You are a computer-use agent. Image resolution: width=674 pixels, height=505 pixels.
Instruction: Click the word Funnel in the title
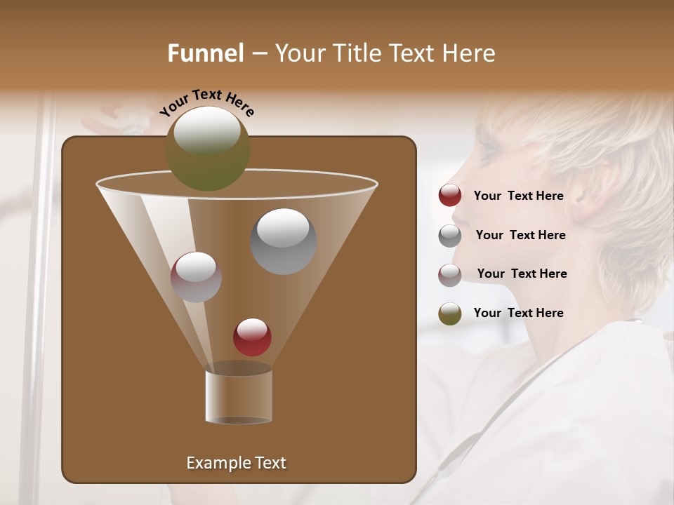tap(206, 53)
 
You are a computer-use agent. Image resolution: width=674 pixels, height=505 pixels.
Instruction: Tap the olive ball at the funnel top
tap(208, 149)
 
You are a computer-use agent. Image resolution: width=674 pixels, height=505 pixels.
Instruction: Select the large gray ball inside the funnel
tap(283, 241)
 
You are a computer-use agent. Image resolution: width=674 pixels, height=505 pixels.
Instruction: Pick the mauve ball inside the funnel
tap(196, 277)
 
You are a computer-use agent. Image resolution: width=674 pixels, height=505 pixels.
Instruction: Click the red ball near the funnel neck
tap(252, 337)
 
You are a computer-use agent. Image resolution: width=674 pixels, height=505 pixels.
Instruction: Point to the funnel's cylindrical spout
tap(239, 396)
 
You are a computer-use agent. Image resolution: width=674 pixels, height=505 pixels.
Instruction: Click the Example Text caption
tap(236, 463)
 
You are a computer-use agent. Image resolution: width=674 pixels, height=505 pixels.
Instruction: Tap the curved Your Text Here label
tap(207, 102)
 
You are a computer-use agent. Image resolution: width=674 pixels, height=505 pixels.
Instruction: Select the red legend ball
tap(450, 196)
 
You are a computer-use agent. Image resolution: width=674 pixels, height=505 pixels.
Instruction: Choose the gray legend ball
tap(450, 236)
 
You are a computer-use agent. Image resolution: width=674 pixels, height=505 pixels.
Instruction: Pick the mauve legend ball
tap(450, 275)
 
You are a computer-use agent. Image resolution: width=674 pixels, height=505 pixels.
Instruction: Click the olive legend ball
tap(450, 314)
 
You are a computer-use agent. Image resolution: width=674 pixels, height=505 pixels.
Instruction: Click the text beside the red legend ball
tap(518, 196)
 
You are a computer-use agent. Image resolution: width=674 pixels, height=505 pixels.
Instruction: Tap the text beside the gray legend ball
tap(520, 235)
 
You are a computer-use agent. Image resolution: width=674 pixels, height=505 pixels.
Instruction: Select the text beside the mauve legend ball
tap(522, 274)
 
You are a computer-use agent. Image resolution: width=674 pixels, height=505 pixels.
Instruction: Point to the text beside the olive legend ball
tap(518, 313)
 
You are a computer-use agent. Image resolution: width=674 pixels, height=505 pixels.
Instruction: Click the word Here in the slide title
tap(468, 53)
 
